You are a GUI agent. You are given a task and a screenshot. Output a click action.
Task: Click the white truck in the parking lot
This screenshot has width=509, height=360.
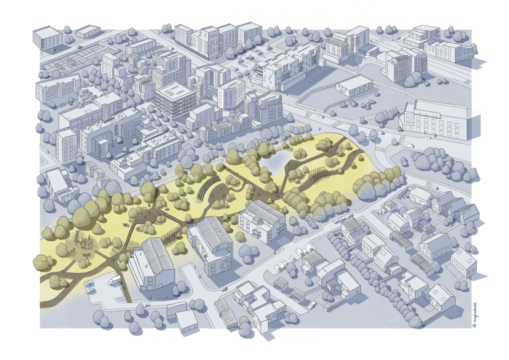coord(114,280)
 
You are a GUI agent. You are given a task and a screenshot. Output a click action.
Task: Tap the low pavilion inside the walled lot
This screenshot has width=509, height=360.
coord(354,86)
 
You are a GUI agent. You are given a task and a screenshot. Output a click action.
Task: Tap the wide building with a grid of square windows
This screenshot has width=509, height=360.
coord(432,119)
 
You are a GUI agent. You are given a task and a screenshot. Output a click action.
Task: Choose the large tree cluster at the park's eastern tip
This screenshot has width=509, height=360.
coord(378,181)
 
